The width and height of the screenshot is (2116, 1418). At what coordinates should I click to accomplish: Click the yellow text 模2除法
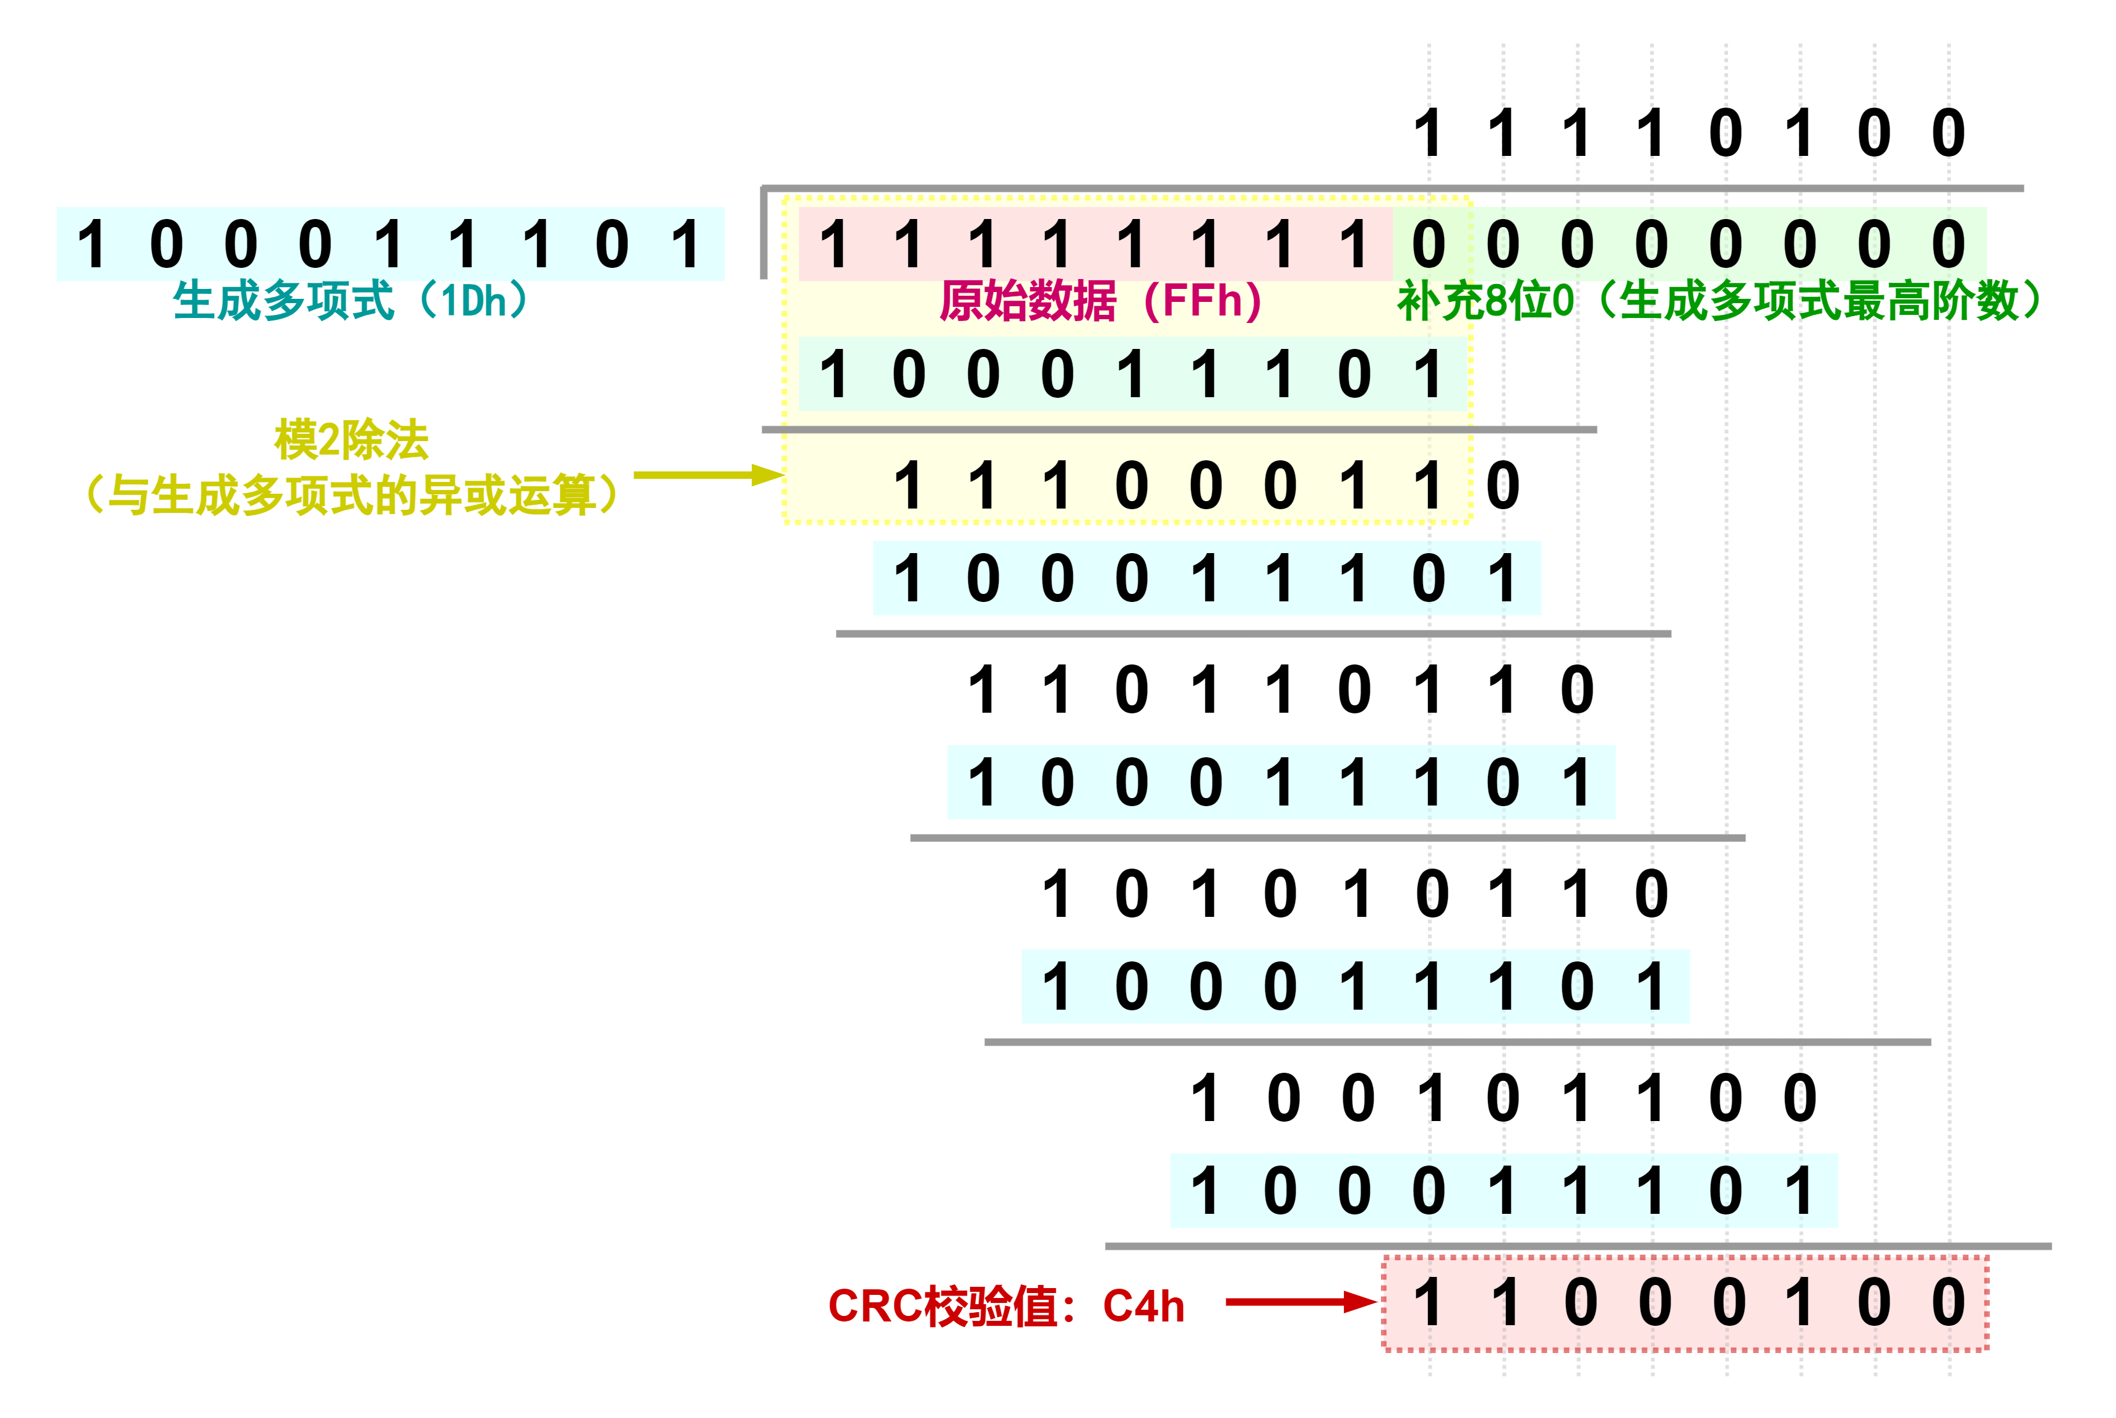351,440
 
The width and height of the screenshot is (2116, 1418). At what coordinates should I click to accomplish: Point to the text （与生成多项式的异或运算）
351,496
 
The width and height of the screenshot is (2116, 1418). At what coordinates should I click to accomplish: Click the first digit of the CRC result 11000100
1429,1303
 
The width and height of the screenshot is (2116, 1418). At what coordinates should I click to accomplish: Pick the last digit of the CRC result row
1948,1303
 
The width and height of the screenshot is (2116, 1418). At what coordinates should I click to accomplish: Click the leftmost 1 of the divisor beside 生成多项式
92,244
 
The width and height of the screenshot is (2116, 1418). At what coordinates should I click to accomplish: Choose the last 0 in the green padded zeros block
1948,244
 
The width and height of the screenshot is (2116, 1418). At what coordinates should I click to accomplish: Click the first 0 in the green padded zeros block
1429,244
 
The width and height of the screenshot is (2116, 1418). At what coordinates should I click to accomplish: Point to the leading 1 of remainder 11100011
908,486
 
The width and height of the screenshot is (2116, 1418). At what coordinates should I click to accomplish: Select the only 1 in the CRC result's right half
1799,1303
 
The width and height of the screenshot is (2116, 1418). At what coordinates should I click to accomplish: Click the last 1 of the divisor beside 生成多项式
686,244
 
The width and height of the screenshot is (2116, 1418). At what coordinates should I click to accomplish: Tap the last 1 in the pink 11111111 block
1354,244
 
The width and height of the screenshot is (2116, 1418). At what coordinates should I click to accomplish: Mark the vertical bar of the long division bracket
764,233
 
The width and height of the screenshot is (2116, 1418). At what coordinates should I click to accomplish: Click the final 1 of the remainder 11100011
1429,486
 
